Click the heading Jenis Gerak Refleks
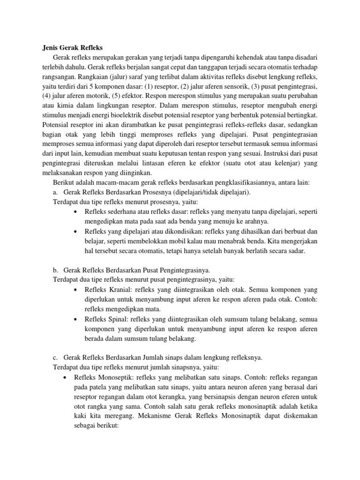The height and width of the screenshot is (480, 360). (x=69, y=47)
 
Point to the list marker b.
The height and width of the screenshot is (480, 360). (x=54, y=270)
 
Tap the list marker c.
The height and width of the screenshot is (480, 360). (x=54, y=358)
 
